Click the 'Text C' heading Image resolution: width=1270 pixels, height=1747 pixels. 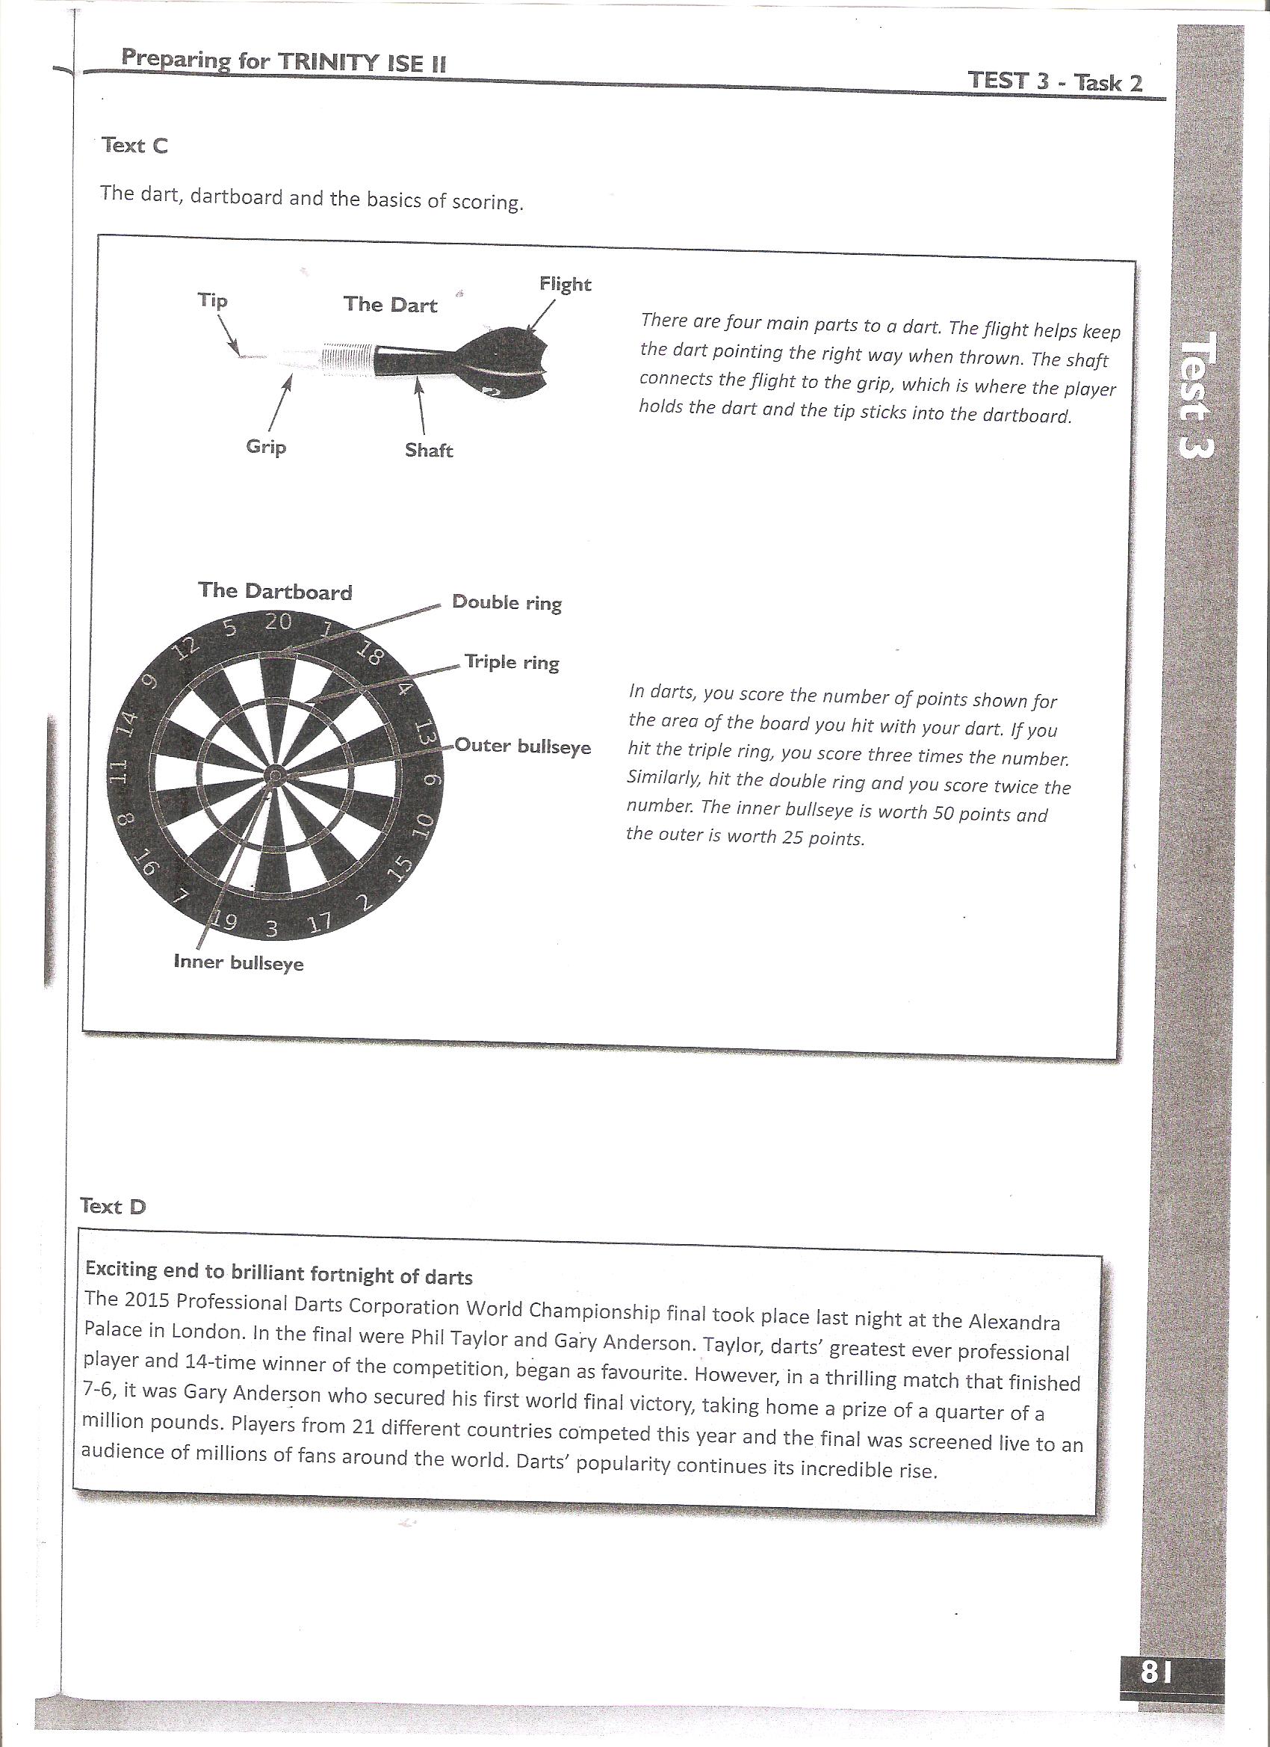click(134, 146)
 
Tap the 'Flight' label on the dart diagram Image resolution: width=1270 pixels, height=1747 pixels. click(565, 284)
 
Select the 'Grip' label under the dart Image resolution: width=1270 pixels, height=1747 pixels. click(267, 447)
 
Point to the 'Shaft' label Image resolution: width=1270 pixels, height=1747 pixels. click(429, 451)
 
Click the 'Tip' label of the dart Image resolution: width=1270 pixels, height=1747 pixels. click(213, 300)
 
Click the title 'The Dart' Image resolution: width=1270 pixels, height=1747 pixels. click(391, 304)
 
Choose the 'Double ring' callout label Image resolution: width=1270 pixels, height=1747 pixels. click(507, 603)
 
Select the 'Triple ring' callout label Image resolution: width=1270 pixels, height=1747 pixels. click(512, 663)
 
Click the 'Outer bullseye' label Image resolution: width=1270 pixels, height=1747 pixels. click(523, 746)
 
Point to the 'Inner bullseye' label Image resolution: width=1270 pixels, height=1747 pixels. click(239, 963)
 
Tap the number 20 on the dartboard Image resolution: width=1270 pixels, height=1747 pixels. click(278, 622)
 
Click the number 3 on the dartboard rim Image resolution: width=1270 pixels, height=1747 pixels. click(270, 930)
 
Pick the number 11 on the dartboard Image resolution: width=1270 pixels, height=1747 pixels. click(118, 773)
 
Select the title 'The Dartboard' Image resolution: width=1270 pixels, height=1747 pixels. click(275, 591)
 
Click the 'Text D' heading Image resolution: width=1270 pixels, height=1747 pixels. click(114, 1205)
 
